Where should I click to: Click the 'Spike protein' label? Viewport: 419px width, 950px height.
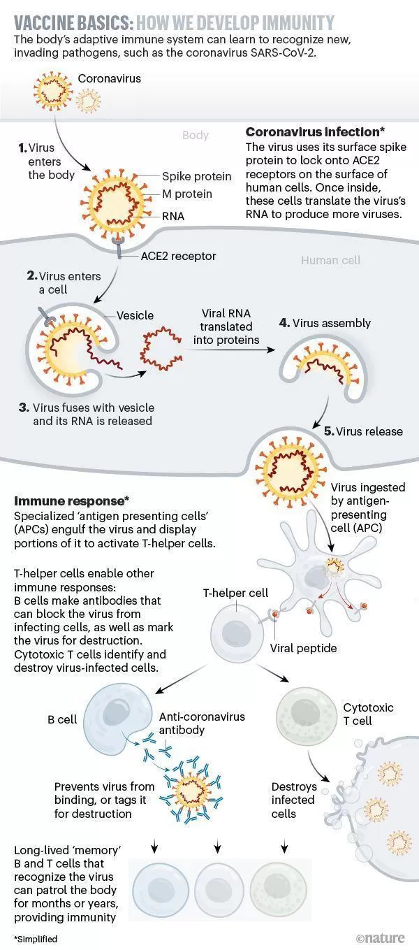coord(196,176)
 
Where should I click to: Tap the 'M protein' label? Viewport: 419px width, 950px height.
coord(187,194)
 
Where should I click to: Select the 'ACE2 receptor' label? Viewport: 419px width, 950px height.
coord(178,256)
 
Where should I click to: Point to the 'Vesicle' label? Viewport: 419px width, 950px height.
coord(135,315)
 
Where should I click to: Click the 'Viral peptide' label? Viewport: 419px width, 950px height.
coord(303,648)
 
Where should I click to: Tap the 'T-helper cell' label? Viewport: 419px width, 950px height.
coord(235,593)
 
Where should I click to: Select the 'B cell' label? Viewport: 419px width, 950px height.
coord(62,719)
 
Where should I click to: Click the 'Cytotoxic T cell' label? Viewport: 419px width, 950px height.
coord(368,714)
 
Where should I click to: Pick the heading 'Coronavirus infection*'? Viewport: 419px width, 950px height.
coord(315,132)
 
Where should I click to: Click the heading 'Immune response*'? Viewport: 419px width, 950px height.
coord(71,501)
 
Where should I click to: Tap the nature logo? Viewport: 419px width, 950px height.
coord(380,937)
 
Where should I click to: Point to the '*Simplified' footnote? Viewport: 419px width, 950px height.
coord(36,939)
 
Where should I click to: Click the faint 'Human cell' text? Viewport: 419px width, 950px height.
coord(330,261)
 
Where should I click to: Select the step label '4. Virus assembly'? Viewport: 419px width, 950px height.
coord(325,323)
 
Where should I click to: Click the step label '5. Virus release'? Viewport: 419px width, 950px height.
coord(363,431)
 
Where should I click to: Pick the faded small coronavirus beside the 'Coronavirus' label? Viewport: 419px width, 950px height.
coord(89,101)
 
